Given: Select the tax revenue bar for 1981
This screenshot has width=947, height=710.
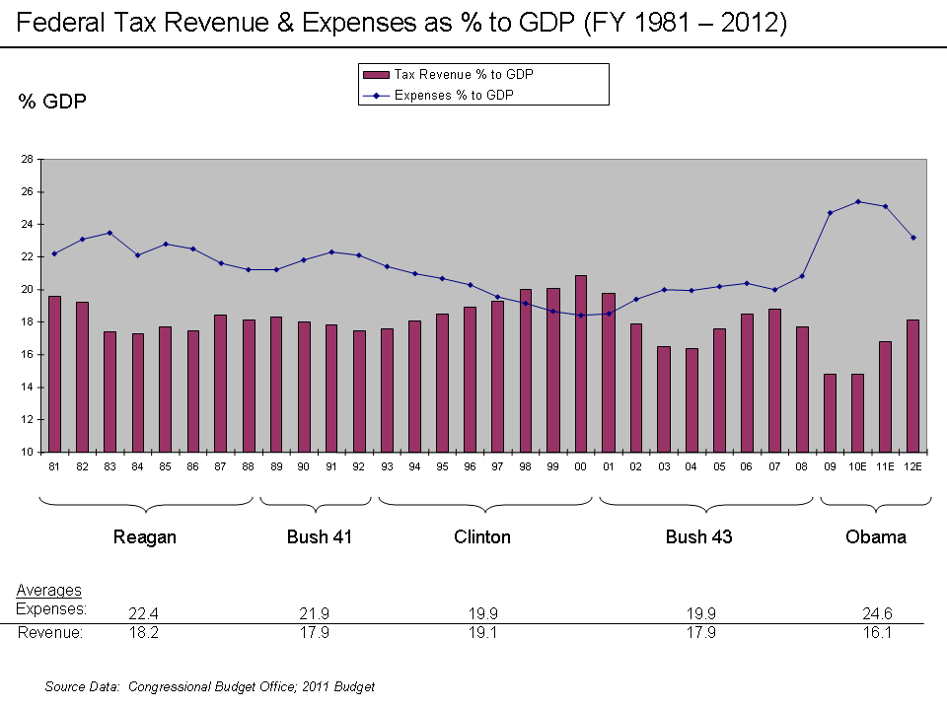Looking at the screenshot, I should [54, 374].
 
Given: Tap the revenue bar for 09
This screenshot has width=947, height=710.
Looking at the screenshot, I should [830, 412].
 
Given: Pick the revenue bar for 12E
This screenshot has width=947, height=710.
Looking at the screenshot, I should [913, 386].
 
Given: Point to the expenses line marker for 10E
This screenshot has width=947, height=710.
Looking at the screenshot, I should [858, 201].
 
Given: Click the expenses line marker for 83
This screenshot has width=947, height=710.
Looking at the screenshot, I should [109, 233].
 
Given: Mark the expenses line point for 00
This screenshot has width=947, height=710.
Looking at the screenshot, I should [581, 316].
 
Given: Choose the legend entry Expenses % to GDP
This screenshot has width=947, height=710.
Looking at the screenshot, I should [454, 96].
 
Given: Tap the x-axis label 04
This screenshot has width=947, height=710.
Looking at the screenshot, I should [692, 466].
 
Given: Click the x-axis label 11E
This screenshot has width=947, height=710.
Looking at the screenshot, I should [886, 466].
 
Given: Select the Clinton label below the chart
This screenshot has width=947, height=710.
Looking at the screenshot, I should [482, 537].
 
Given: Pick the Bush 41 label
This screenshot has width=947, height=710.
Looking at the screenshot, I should [320, 537].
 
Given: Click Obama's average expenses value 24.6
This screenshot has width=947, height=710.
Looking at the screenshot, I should [876, 614].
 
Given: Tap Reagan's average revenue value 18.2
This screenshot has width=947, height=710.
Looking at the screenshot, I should [144, 633].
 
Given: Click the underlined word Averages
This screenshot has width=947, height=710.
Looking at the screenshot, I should [48, 591].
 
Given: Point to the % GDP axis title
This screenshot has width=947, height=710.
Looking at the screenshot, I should [52, 102].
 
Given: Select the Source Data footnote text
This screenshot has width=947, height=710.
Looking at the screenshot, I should [209, 686].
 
